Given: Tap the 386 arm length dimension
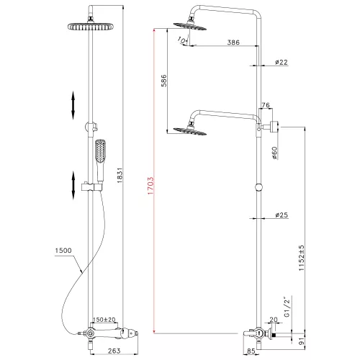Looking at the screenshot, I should point(232,43).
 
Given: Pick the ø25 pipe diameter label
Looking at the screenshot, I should point(281,215).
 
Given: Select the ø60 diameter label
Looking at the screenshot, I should point(275,154).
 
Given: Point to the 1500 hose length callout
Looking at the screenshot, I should point(63,251).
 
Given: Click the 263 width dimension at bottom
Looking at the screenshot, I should point(105,351).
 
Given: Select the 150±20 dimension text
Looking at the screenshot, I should point(107,320).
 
